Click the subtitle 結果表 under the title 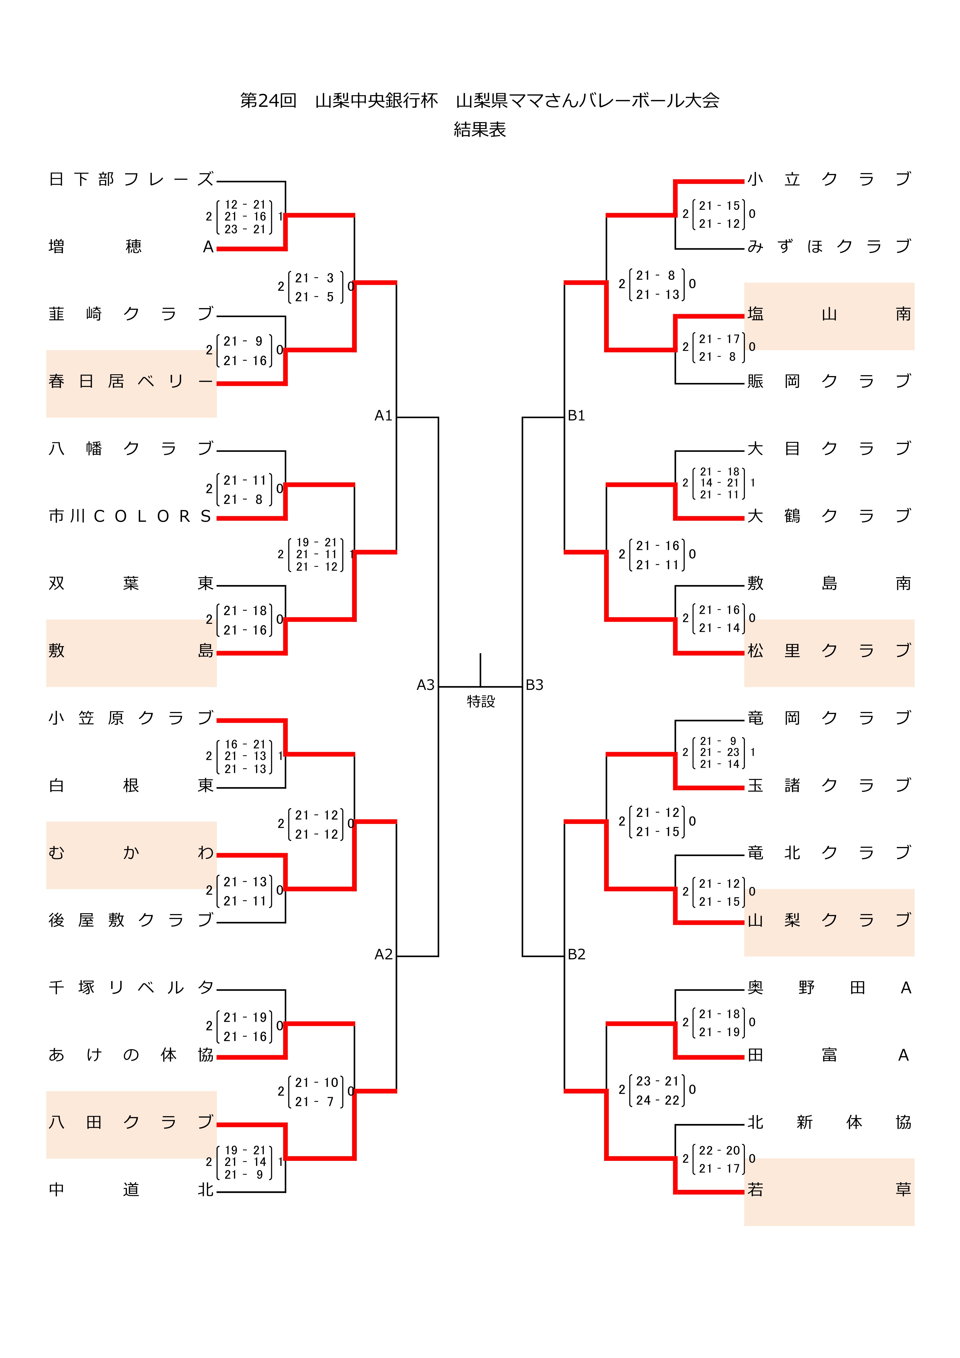point(480,129)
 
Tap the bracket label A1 point(383,416)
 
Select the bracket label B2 point(576,954)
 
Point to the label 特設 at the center point(480,702)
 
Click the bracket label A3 point(425,685)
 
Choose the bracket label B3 point(534,685)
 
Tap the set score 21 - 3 point(315,278)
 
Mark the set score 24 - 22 point(657,1100)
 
